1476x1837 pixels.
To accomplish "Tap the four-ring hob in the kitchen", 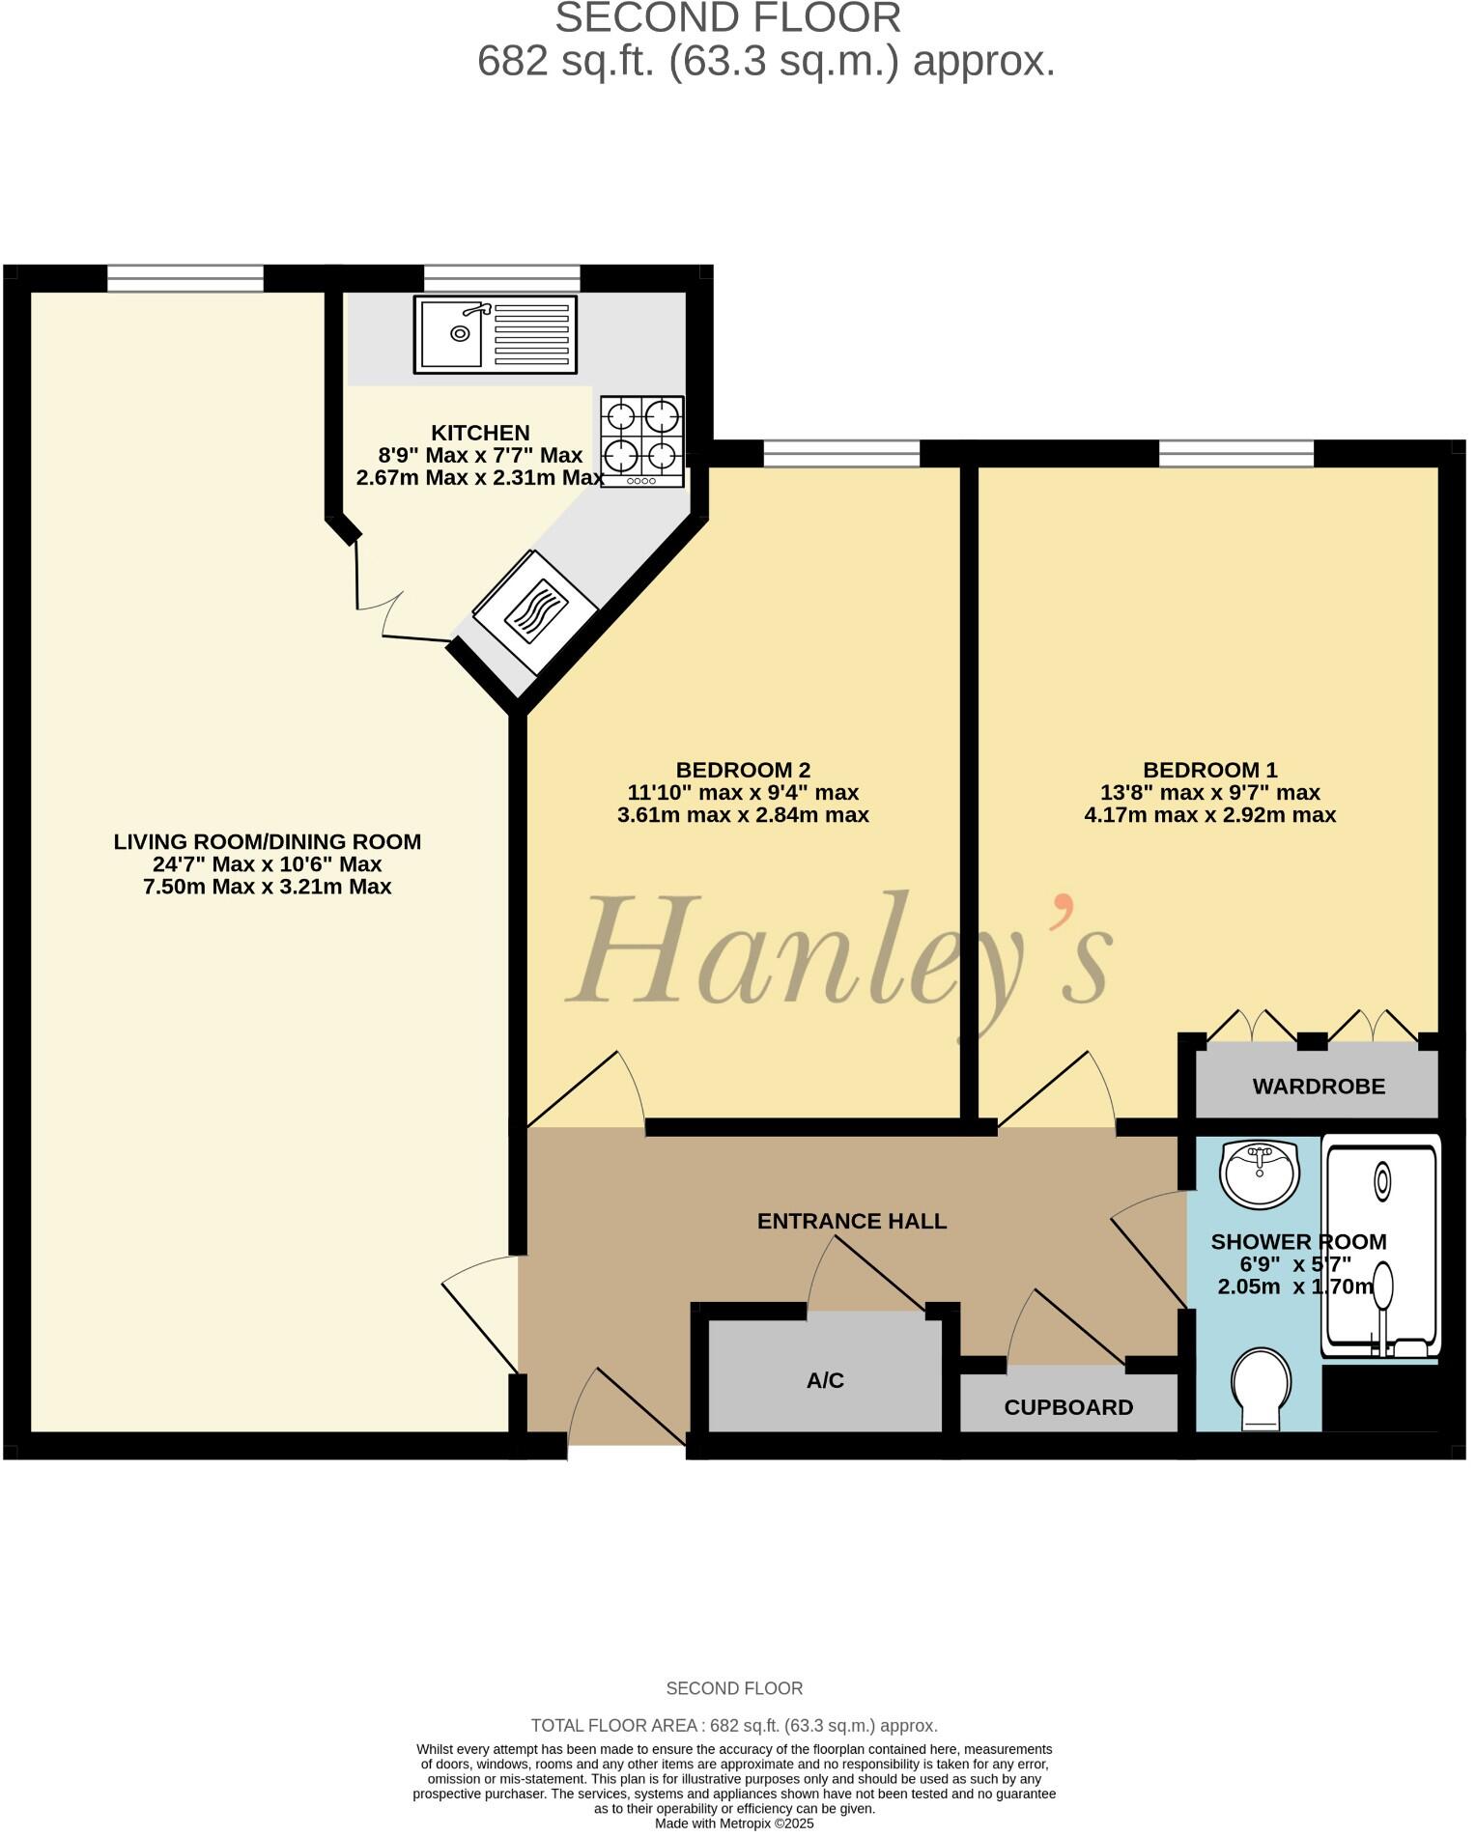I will coord(642,440).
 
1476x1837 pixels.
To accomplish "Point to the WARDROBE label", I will coord(1319,1087).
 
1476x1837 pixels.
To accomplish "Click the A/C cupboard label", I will coord(825,1381).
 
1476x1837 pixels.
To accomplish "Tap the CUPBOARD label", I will coord(1068,1407).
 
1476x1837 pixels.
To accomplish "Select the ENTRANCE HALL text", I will coord(851,1221).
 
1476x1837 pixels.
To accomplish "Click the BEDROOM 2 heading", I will coord(743,770).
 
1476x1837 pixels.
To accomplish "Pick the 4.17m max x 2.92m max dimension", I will coord(1209,814).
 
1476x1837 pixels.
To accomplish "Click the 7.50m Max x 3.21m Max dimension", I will coord(267,887).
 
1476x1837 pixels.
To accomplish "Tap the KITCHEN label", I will coord(480,433).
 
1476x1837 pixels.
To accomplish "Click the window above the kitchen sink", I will coord(502,278).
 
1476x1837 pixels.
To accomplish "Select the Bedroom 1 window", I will coord(1236,453).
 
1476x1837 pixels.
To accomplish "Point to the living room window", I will coord(184,278).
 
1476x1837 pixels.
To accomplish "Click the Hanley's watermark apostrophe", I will coord(1064,908).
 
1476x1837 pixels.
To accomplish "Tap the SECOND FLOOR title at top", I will coord(727,17).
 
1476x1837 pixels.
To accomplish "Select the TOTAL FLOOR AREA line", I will coord(734,1725).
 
